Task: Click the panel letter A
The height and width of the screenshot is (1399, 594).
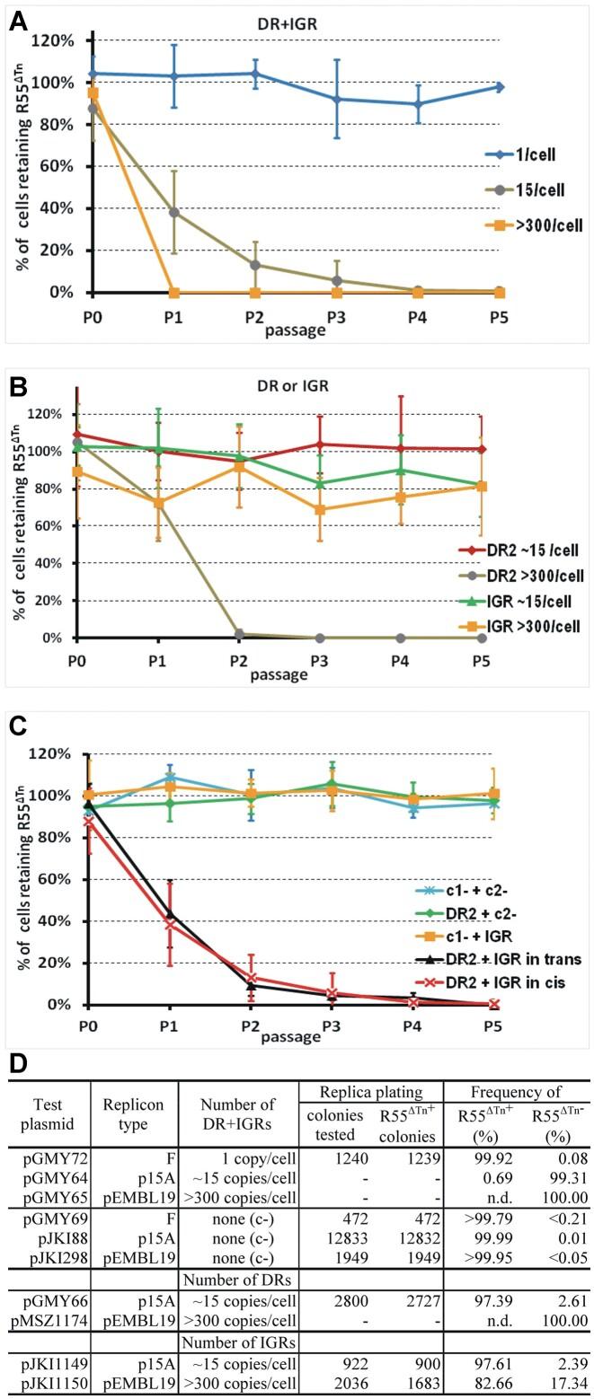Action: tap(18, 22)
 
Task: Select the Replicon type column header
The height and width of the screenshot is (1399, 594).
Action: tap(134, 1113)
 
